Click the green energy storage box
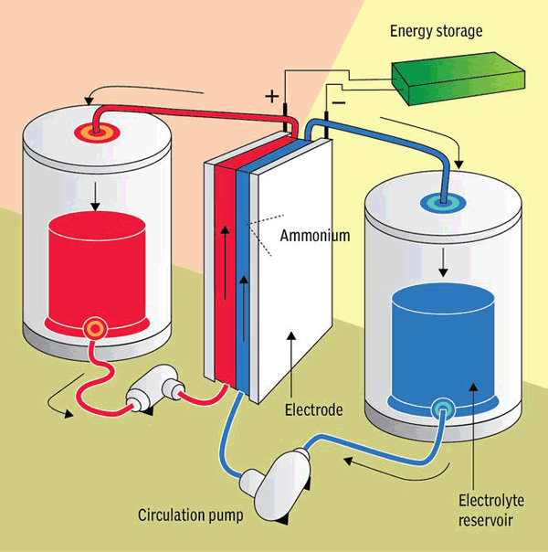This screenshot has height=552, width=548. (x=458, y=79)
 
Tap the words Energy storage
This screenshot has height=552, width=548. (x=437, y=31)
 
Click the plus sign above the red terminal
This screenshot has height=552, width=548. (x=272, y=96)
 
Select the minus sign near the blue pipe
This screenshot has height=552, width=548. (x=339, y=102)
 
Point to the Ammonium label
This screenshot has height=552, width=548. (x=315, y=236)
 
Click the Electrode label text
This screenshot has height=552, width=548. (x=314, y=409)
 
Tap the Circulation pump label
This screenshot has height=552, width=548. (x=190, y=515)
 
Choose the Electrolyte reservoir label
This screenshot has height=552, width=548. (x=491, y=510)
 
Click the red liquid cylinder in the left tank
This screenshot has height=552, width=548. (x=97, y=271)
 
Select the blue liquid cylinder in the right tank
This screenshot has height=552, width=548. (x=443, y=345)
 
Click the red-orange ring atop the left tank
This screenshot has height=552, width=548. (x=97, y=133)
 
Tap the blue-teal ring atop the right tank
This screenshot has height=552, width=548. (x=443, y=204)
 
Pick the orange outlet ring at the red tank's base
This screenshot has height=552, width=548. (x=94, y=328)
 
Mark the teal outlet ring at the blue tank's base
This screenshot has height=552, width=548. (x=442, y=409)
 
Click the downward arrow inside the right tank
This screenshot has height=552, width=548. (x=443, y=262)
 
